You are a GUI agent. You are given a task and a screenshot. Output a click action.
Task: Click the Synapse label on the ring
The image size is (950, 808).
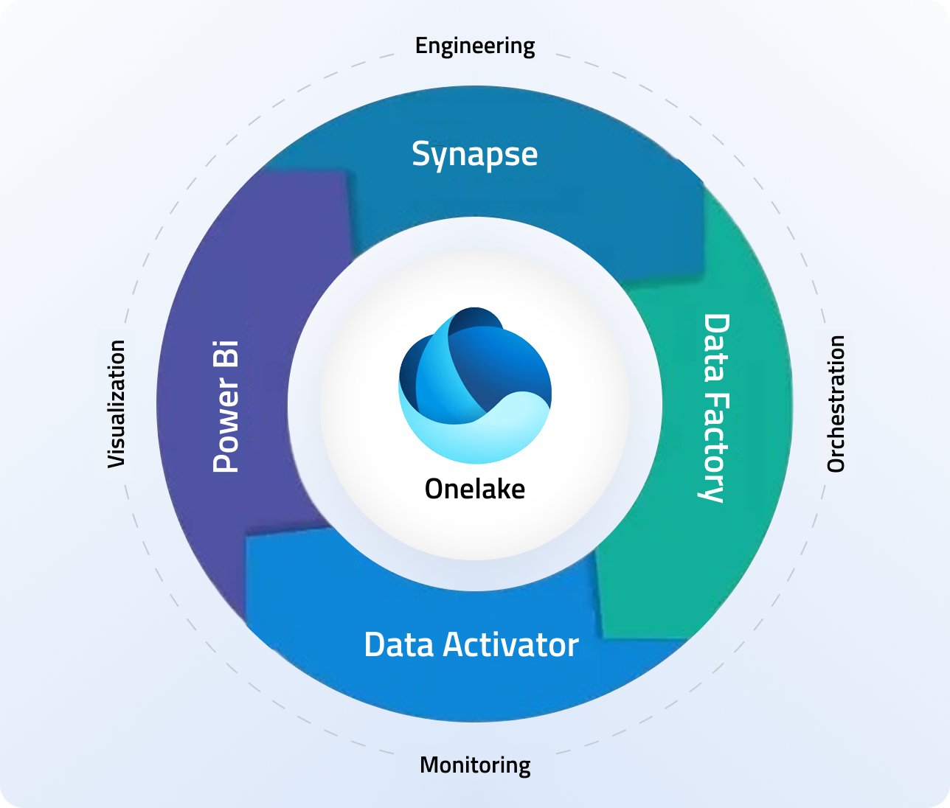point(474,155)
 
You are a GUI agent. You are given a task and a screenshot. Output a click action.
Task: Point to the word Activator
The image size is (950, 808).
point(511,645)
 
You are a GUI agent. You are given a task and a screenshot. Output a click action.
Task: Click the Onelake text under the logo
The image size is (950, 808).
point(475,489)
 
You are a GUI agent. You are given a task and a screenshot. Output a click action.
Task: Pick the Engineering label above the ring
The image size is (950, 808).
point(475,46)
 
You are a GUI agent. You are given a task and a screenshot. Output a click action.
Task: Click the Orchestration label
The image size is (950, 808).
point(835,403)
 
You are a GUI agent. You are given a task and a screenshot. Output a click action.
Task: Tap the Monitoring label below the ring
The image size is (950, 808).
point(475,765)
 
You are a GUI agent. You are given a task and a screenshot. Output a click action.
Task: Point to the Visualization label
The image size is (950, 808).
point(117,403)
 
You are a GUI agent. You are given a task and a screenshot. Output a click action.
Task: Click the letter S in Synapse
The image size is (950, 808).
point(421,154)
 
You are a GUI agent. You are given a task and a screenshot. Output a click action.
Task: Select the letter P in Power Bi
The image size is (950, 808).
point(226,462)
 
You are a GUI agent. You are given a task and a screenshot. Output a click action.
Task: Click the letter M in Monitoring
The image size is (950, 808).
point(429,765)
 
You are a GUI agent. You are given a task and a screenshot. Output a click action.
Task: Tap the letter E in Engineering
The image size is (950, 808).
point(420,46)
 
